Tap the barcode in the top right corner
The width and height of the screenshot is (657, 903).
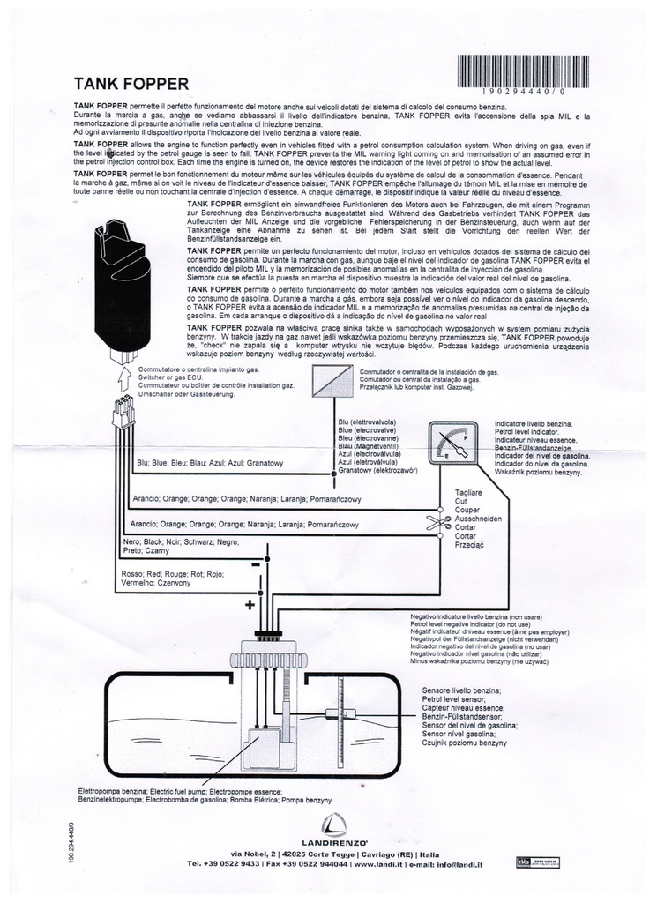pos(524,72)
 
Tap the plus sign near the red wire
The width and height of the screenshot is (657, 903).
pos(250,605)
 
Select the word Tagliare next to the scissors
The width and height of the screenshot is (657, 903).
pos(468,492)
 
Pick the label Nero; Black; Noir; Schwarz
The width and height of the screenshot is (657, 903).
pos(181,541)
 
